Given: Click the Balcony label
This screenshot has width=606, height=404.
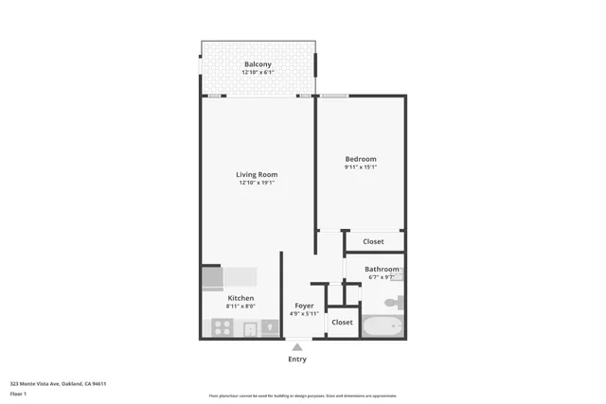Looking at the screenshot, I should point(258,64).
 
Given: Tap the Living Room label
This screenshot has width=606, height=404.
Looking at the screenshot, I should point(257,174).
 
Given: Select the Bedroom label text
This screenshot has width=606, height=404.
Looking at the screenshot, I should point(360,159).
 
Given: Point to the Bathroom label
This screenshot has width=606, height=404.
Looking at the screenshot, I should point(382,269).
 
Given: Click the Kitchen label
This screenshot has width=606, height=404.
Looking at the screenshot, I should point(214,298).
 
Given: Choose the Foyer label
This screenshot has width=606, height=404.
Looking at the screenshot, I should point(303,306).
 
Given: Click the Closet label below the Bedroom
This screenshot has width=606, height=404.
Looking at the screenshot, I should point(373,241).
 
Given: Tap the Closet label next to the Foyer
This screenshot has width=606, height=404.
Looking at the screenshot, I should point(342,323).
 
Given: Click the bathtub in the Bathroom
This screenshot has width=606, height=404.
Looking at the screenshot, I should point(383,326).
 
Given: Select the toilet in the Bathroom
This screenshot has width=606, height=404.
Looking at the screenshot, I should point(395,303).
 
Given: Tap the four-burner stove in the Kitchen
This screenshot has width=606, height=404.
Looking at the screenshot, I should point(222,328).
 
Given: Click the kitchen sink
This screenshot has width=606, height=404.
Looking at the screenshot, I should point(250,329).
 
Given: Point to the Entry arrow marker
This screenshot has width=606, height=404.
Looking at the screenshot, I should point(297,347).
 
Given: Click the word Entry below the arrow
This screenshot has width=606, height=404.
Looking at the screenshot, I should point(297,360).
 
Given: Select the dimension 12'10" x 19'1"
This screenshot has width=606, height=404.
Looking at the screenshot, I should point(257,183).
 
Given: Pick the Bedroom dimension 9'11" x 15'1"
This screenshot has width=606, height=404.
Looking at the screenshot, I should point(360,167).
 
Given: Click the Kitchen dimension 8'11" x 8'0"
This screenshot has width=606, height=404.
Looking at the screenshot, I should point(214,307).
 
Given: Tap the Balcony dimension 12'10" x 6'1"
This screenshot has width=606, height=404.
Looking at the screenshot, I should point(258,73).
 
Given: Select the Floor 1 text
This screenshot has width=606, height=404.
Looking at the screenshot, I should point(17,393).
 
